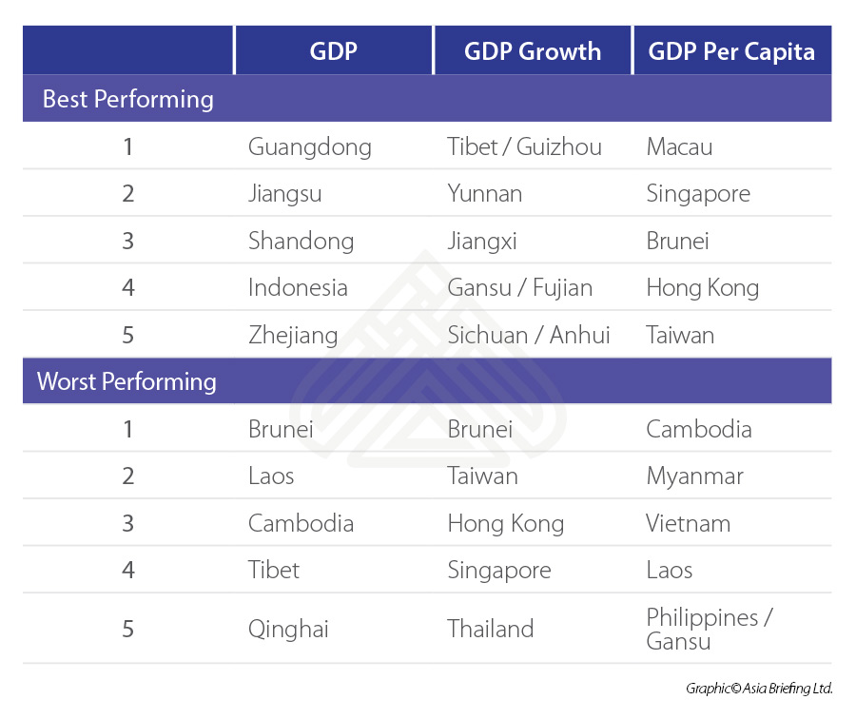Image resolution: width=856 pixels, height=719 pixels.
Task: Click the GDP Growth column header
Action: [533, 51]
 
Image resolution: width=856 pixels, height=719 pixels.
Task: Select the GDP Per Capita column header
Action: [731, 51]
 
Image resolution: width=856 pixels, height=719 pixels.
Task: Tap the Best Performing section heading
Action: [128, 99]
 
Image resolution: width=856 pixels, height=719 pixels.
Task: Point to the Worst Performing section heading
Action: [126, 381]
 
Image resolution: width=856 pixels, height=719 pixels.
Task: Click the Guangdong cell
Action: [310, 147]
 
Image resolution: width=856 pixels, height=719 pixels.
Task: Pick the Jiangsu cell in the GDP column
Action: [285, 194]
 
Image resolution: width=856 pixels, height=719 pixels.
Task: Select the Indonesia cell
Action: [298, 287]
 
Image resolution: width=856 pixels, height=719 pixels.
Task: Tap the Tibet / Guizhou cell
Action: [524, 147]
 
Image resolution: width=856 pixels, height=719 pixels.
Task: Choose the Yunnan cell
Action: [485, 194]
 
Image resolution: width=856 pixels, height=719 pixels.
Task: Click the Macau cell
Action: [679, 147]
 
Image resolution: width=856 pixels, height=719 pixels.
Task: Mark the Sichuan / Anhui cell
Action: [529, 335]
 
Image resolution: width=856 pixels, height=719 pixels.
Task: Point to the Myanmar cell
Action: [694, 476]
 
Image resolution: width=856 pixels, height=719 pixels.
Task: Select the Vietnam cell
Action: [689, 523]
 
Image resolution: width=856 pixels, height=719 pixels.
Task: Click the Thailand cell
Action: [491, 629]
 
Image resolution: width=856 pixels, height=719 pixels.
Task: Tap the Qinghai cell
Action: [288, 629]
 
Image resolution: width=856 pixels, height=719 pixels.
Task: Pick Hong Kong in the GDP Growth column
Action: [506, 523]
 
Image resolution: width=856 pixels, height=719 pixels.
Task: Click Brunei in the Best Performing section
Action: [677, 241]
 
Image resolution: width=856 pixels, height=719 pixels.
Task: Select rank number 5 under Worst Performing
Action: [128, 629]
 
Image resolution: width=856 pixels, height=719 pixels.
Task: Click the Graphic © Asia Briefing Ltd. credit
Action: [758, 688]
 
